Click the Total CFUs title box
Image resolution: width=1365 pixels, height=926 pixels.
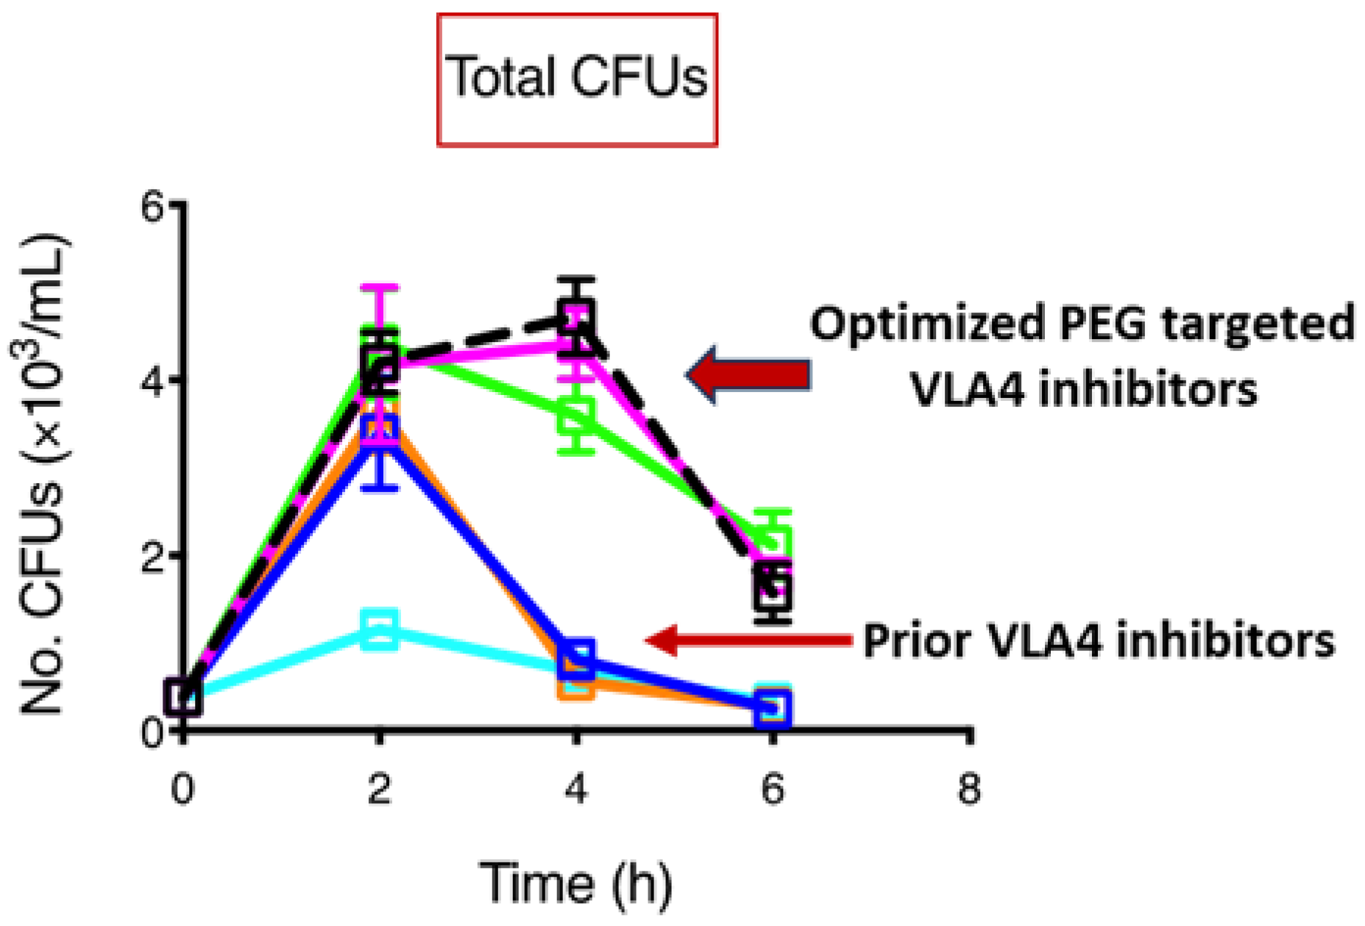tap(577, 79)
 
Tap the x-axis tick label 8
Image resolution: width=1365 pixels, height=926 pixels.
tap(969, 789)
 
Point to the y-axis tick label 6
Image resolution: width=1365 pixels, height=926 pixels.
tap(152, 208)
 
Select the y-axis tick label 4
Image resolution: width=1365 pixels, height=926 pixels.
tap(152, 382)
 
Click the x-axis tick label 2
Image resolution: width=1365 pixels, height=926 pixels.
tap(379, 789)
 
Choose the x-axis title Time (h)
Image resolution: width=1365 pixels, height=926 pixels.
tap(576, 882)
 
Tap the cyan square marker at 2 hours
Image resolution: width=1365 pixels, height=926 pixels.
tap(380, 629)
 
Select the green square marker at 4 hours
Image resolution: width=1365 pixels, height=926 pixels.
tap(576, 417)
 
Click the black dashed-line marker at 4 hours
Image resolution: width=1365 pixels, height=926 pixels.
tap(577, 319)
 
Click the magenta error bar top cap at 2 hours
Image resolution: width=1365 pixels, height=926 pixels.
tap(380, 288)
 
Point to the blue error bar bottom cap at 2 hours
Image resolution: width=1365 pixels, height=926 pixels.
tap(380, 487)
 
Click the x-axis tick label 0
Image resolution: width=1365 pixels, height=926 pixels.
tap(182, 789)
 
